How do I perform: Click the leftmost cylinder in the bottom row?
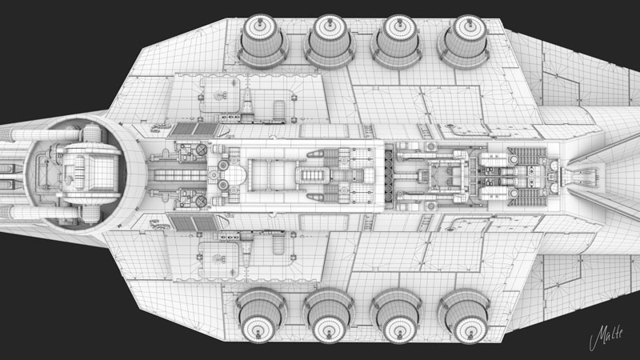pos(261,314)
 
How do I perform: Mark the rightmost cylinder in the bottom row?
pos(462,314)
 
